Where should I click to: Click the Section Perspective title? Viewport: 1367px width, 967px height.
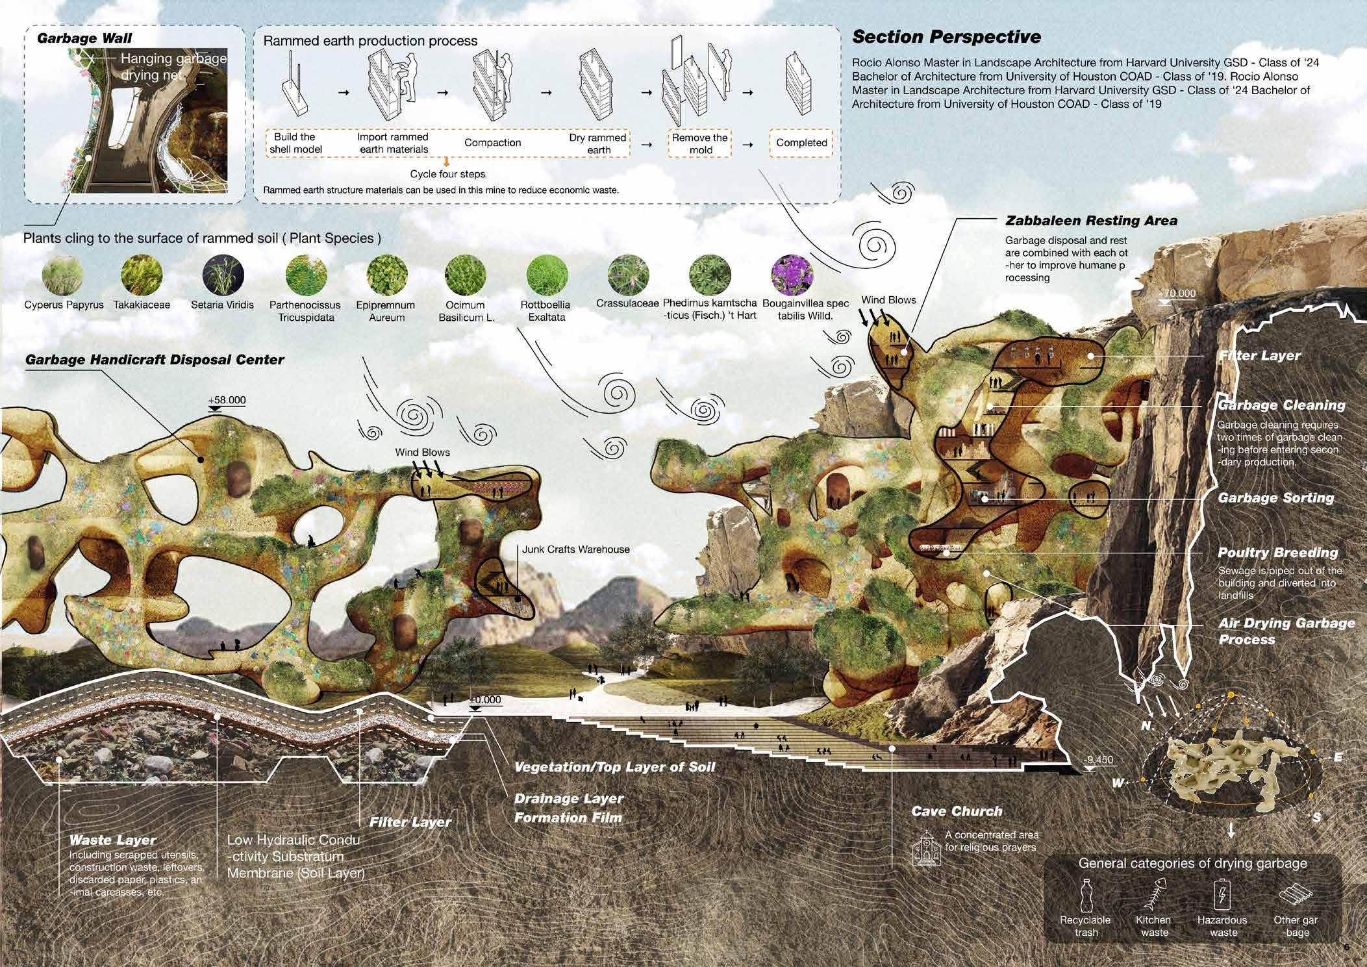point(946,37)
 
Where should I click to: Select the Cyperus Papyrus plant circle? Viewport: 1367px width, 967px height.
point(62,275)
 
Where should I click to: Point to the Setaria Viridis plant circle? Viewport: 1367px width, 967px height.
point(223,275)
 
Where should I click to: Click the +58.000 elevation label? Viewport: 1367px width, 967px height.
point(227,400)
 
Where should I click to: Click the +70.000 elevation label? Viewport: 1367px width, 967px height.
point(1176,294)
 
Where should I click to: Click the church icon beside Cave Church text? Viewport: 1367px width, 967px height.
point(925,848)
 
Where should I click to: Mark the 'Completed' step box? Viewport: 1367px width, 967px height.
point(801,143)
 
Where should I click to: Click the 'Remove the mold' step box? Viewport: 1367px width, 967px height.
point(699,144)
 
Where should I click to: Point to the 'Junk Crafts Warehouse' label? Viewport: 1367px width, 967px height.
point(575,549)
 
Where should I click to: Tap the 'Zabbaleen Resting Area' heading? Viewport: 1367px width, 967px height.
point(1091,221)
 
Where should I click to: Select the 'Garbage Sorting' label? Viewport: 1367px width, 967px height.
point(1275,498)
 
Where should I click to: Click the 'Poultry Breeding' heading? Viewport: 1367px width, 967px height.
point(1277,553)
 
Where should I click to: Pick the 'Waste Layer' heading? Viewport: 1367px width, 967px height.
point(112,840)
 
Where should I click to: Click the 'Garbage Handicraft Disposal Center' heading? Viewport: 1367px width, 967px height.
point(155,360)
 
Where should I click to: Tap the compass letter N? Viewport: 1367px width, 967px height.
point(1148,725)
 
